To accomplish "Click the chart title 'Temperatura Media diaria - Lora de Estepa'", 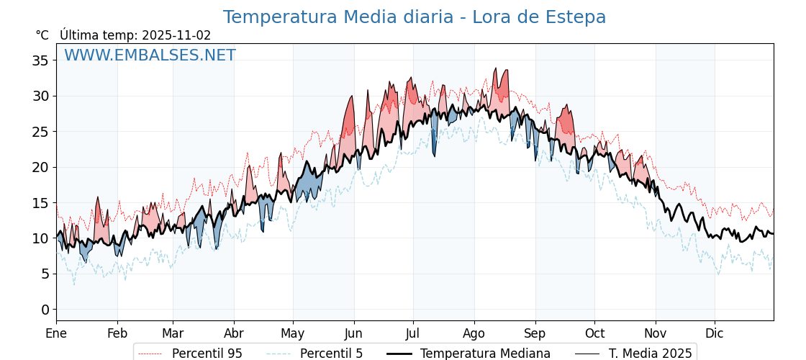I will [414, 17].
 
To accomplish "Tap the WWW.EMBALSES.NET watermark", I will [150, 55].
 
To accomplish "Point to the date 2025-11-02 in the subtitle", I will [176, 35].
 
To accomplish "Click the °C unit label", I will [42, 35].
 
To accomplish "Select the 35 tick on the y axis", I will [40, 60].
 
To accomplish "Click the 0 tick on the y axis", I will [45, 310].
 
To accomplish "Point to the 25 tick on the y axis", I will [40, 132].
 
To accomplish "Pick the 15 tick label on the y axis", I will [40, 203].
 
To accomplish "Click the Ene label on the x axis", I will [56, 333].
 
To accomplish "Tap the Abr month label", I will [234, 333].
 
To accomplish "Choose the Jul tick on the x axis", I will [413, 333].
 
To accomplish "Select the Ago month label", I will [474, 333].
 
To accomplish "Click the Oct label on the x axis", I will [594, 333].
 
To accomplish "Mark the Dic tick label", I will [715, 333].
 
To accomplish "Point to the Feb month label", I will [117, 333].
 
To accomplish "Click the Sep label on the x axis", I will [535, 333].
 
